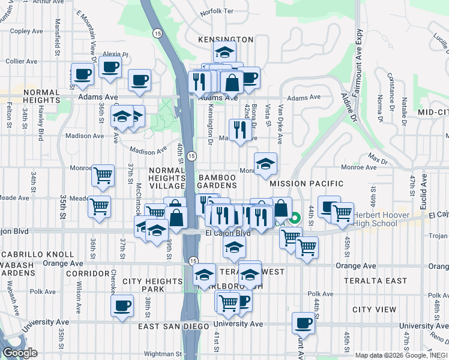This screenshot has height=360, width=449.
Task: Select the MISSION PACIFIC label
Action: pyautogui.click(x=306, y=184)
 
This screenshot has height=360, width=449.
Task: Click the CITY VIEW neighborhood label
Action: pyautogui.click(x=374, y=310)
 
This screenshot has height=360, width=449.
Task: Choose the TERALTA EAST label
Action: pyautogui.click(x=375, y=281)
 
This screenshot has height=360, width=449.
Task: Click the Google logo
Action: pyautogui.click(x=20, y=353)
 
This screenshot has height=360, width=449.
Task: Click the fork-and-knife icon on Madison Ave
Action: pyautogui.click(x=240, y=129)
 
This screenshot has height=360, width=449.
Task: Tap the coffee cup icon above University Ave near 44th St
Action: pyautogui.click(x=303, y=323)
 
